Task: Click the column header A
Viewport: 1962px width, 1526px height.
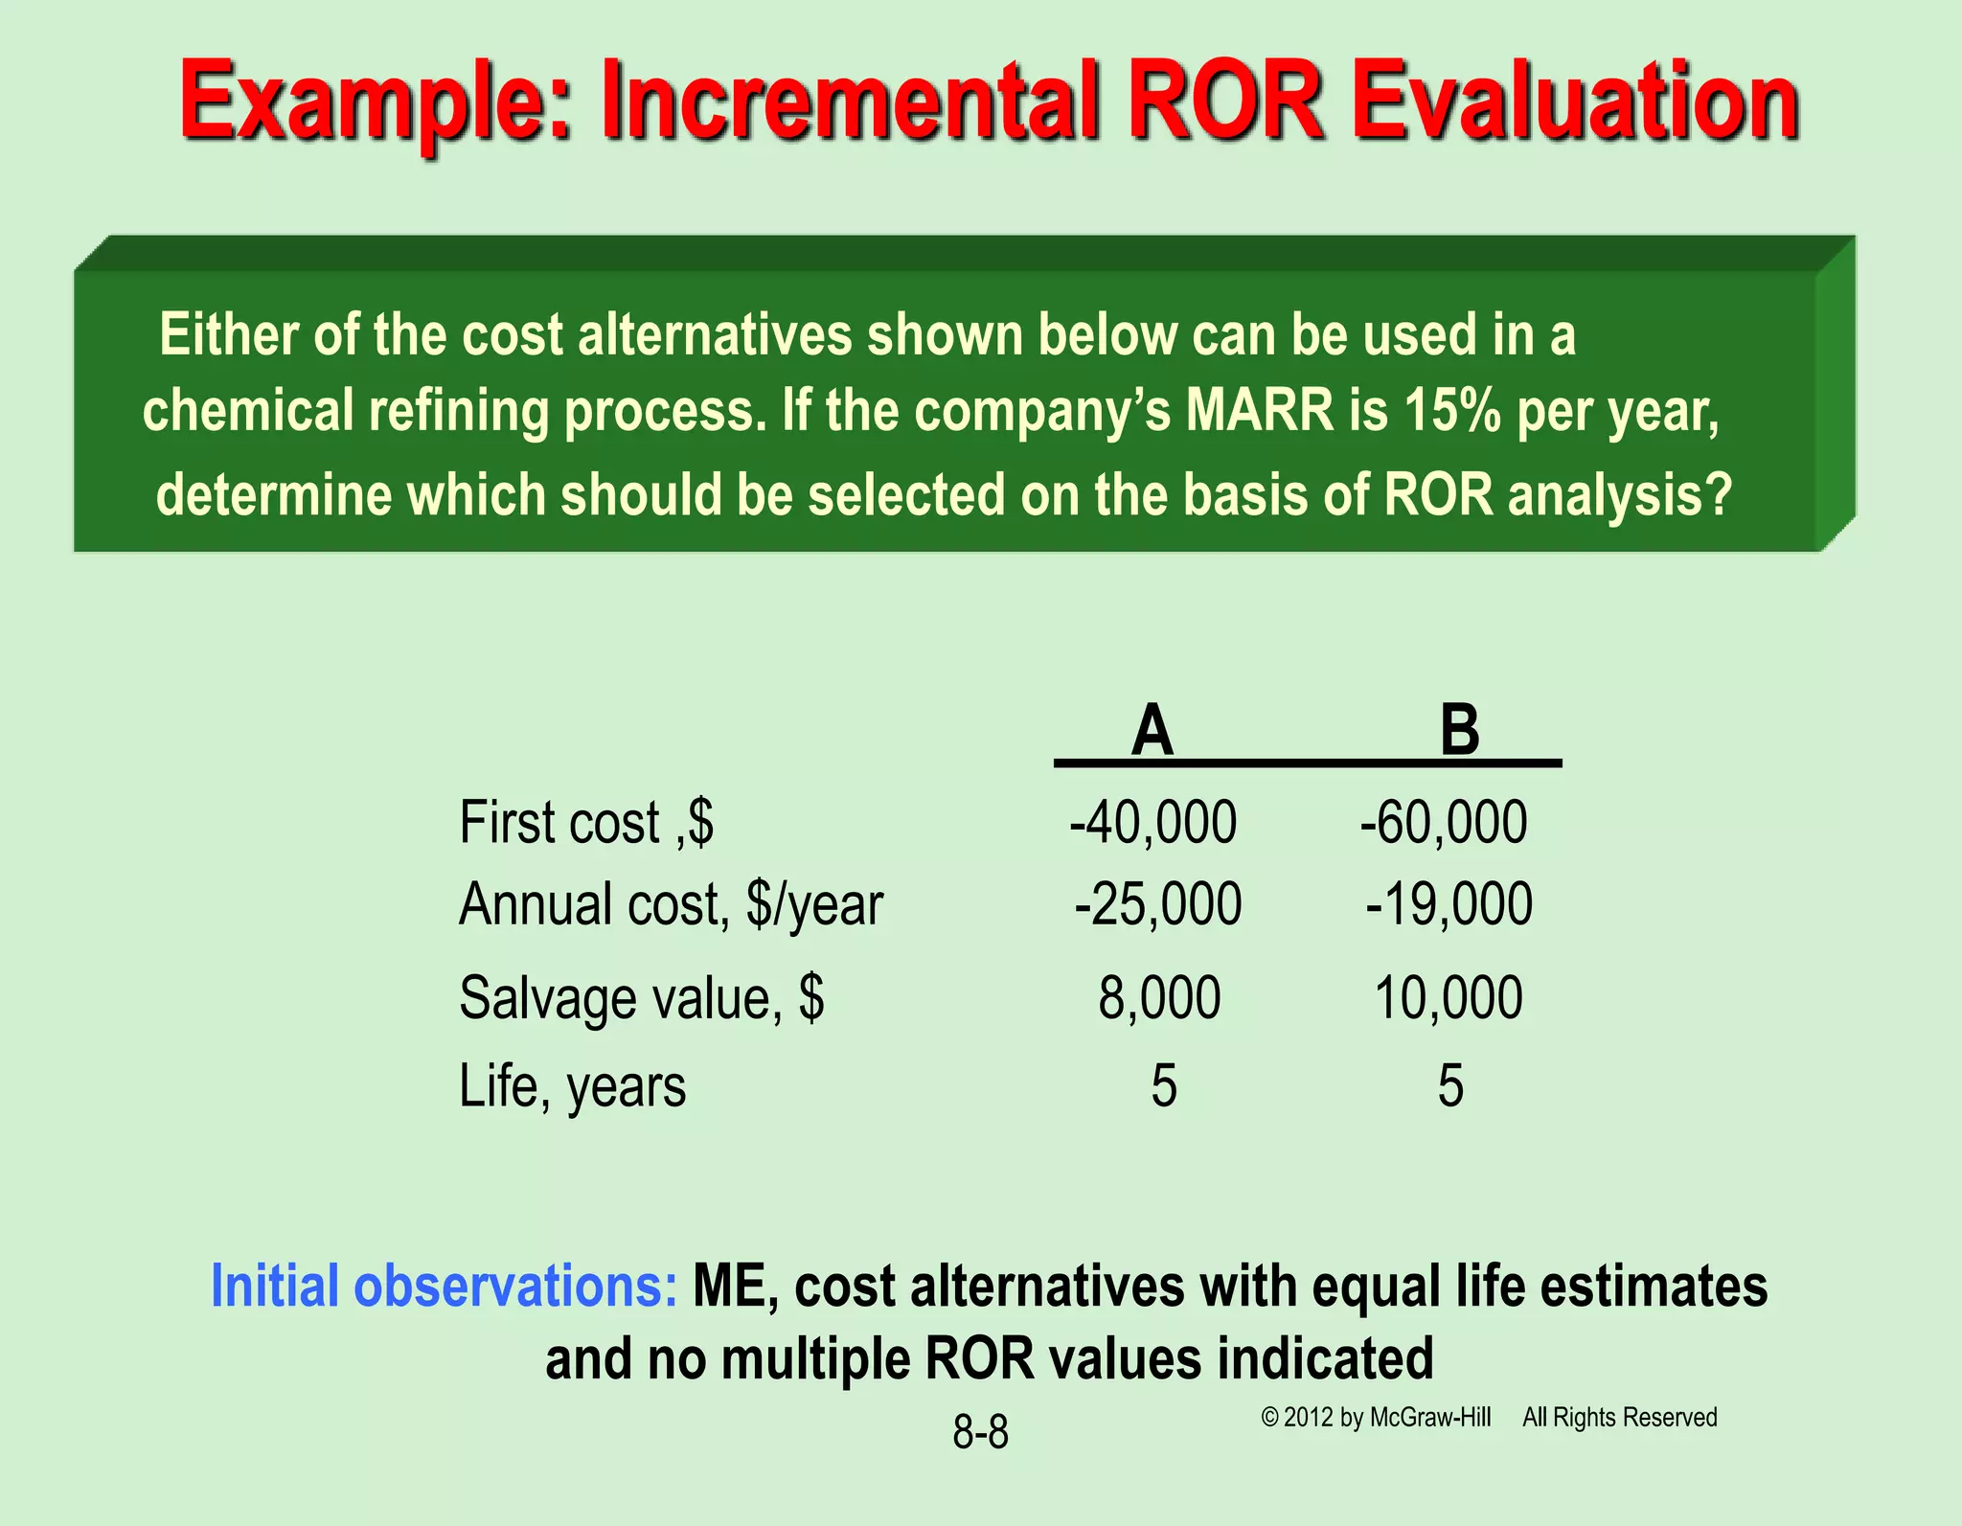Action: pos(1152,730)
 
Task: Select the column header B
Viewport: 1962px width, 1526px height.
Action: pos(1459,730)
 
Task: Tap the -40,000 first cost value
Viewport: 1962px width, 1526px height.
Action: pos(1152,822)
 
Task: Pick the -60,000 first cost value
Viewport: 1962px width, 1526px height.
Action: pos(1443,822)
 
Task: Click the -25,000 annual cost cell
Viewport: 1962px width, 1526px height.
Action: pos(1157,904)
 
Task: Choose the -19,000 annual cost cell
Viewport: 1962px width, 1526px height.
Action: pos(1449,904)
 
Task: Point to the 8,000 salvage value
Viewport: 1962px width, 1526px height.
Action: pos(1159,998)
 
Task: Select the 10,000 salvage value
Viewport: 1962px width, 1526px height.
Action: pos(1448,998)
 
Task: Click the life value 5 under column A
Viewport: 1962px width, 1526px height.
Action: pos(1163,1086)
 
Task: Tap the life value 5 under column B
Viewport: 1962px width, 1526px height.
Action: pos(1450,1086)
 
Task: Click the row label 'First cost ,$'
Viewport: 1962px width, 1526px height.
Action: pos(586,822)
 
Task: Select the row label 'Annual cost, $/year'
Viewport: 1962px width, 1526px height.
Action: pos(671,904)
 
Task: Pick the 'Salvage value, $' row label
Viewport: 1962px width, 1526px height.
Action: pos(641,998)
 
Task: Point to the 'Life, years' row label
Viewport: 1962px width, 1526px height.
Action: pos(572,1086)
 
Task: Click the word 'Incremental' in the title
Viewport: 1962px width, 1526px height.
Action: pos(849,102)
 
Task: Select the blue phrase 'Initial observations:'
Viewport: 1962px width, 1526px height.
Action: pos(444,1286)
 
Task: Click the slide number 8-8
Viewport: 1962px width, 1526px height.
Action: pos(980,1433)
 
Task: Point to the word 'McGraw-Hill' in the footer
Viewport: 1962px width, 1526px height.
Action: pos(1430,1418)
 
